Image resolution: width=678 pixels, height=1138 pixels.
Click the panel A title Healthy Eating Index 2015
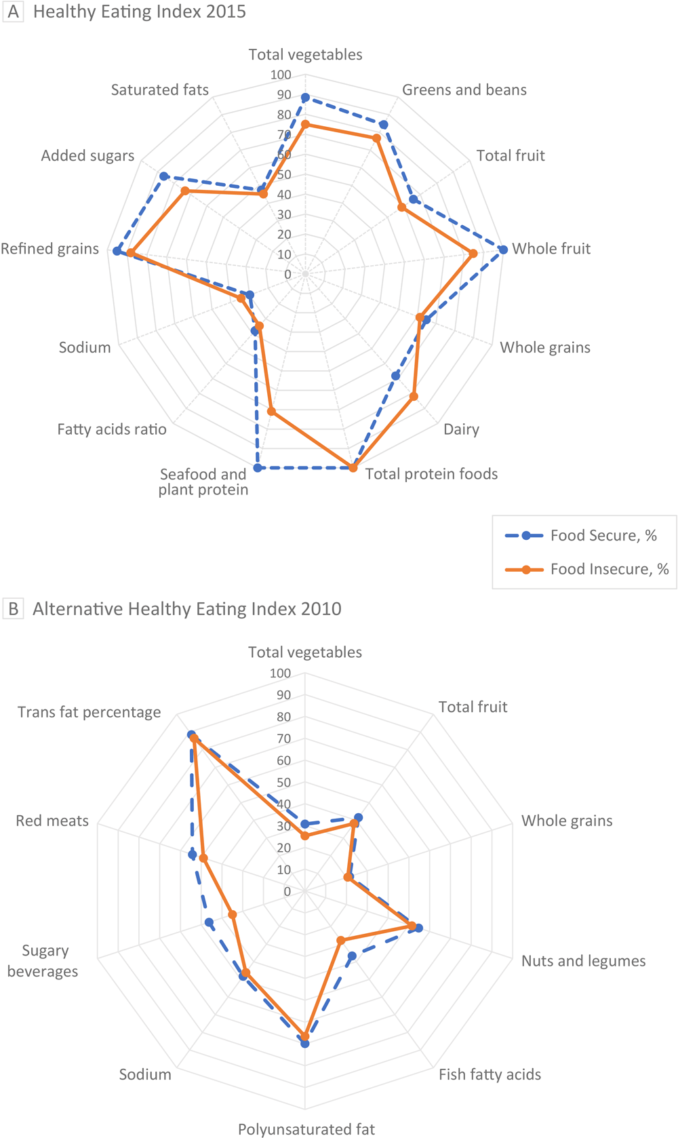[139, 12]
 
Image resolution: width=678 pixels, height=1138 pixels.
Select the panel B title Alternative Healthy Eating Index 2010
[186, 609]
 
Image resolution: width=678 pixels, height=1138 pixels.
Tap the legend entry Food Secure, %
[603, 536]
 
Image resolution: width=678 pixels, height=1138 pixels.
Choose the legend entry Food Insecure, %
[609, 569]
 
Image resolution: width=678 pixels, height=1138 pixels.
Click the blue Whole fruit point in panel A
[503, 250]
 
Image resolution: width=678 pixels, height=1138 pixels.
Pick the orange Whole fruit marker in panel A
[473, 254]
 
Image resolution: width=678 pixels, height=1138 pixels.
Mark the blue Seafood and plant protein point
[257, 468]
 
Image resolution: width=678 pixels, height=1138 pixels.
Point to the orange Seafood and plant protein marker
[271, 411]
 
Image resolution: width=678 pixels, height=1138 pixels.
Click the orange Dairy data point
[414, 396]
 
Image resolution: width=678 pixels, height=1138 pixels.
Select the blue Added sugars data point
[163, 176]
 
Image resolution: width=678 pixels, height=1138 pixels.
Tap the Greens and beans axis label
[464, 90]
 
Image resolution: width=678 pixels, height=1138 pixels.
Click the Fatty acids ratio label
[112, 429]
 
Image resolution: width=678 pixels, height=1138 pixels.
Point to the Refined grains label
[49, 249]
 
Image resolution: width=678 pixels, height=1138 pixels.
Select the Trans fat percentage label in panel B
[89, 712]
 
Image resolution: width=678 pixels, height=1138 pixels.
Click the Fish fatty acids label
[490, 1074]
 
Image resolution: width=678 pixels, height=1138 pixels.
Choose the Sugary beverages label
[42, 961]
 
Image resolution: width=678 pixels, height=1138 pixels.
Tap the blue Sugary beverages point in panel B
[209, 922]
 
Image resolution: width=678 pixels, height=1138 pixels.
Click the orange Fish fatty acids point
[341, 940]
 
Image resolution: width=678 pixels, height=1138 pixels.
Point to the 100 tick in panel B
[280, 673]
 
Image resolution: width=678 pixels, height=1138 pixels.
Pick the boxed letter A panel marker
[13, 12]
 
